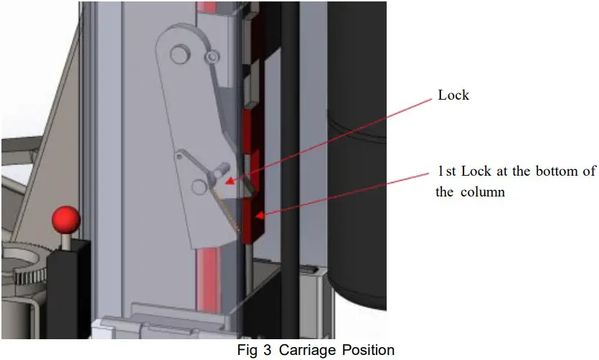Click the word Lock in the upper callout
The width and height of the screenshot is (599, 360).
pos(453,95)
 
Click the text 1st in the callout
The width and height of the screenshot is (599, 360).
pos(448,171)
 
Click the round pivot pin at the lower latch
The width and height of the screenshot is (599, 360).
pos(199,186)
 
